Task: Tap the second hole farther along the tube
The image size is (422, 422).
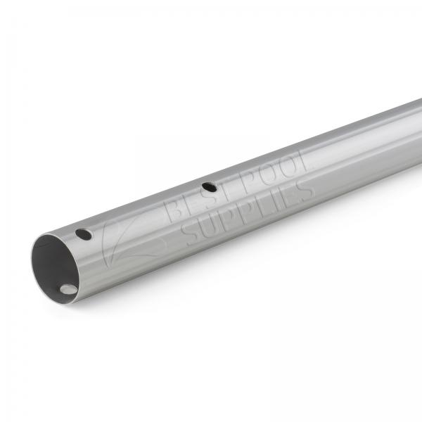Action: (x=209, y=187)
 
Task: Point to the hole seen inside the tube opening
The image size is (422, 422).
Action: (x=68, y=288)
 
